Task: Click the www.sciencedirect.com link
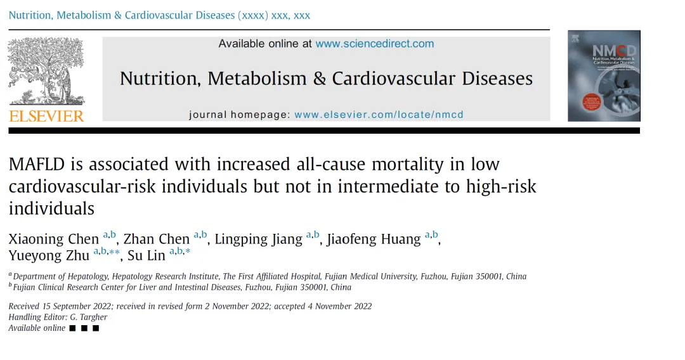click(x=374, y=44)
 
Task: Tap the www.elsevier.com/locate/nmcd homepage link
click(x=379, y=115)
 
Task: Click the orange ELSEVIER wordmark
click(x=46, y=116)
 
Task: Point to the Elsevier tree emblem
click(x=46, y=71)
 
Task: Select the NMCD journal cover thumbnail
click(x=604, y=76)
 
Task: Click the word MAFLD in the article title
click(x=37, y=165)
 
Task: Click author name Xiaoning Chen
click(x=54, y=239)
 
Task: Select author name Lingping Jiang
click(x=258, y=239)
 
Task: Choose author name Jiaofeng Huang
click(x=374, y=239)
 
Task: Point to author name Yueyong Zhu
click(x=49, y=255)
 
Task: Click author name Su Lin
click(x=147, y=255)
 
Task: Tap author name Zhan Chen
click(x=157, y=239)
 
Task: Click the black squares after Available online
click(x=84, y=328)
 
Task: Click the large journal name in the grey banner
click(x=327, y=79)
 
